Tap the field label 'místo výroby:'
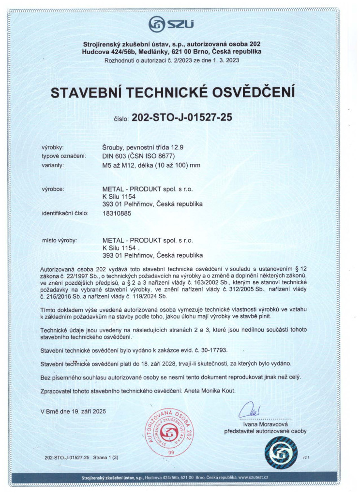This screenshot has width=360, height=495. (x=60, y=240)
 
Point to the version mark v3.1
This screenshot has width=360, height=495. (x=305, y=457)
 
